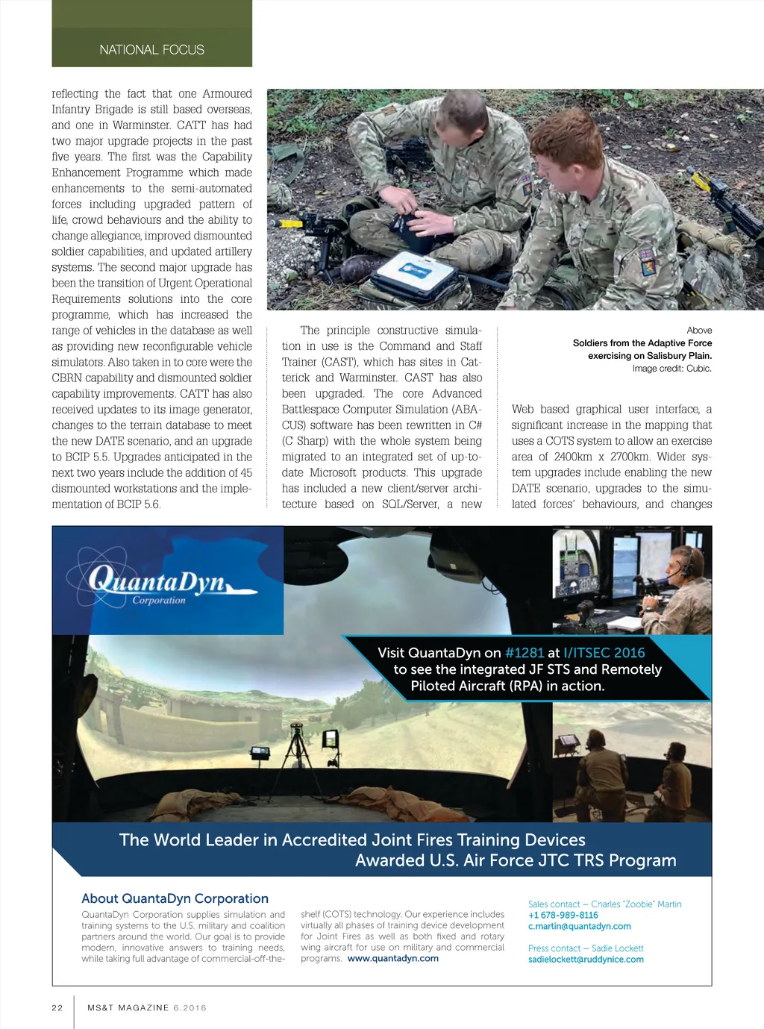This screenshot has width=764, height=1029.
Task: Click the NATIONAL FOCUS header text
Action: click(x=151, y=50)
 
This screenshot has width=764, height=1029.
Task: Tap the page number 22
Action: click(x=57, y=1007)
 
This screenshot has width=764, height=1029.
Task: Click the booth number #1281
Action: click(x=525, y=653)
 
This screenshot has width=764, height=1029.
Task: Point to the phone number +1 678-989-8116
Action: click(x=563, y=915)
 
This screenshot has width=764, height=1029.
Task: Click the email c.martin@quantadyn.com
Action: click(x=580, y=926)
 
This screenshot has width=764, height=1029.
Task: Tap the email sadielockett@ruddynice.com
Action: click(x=586, y=959)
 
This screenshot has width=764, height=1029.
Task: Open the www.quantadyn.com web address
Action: click(x=393, y=958)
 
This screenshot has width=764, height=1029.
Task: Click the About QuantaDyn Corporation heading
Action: click(x=175, y=898)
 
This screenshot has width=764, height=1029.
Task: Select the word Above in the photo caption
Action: click(x=699, y=331)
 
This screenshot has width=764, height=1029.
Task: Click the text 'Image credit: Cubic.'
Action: click(x=671, y=369)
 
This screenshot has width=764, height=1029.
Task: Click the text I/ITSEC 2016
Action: click(x=604, y=653)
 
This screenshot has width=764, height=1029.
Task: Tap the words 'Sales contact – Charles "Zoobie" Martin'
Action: click(x=604, y=904)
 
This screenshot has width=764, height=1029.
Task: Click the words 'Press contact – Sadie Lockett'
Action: click(x=586, y=948)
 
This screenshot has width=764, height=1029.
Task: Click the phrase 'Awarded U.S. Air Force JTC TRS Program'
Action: click(x=516, y=860)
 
